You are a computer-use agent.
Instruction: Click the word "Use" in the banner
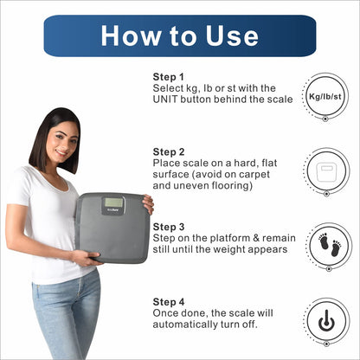coord(232,36)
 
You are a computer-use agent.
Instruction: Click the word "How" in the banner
coord(132,36)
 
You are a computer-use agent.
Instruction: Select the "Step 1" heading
coord(168,77)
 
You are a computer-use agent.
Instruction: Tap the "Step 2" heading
coord(169,152)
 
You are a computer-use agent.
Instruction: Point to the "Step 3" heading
coord(169,227)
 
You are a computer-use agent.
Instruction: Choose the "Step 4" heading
coord(169,302)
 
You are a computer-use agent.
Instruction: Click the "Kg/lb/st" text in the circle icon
coord(325,96)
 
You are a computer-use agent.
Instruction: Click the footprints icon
coord(330,245)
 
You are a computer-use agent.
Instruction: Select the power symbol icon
coord(326,320)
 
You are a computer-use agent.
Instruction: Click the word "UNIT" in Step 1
coord(165,100)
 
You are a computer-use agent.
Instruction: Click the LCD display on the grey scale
coord(113,202)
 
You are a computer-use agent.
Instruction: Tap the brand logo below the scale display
coord(113,210)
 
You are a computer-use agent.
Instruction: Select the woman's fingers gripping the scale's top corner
coord(148,204)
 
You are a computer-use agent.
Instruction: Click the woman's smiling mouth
coord(61,152)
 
